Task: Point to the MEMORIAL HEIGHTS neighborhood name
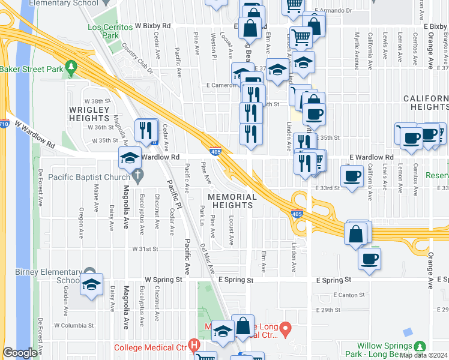[x=232, y=201]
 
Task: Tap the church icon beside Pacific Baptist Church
[x=139, y=176]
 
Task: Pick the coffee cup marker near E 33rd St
[x=352, y=175]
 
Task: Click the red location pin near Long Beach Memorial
[x=286, y=329]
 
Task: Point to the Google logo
[x=20, y=353]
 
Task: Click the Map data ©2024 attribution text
[x=423, y=355]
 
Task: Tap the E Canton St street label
[x=348, y=295]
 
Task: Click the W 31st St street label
[x=145, y=248]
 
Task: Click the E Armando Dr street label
[x=332, y=11]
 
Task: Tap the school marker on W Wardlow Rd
[x=130, y=158]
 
